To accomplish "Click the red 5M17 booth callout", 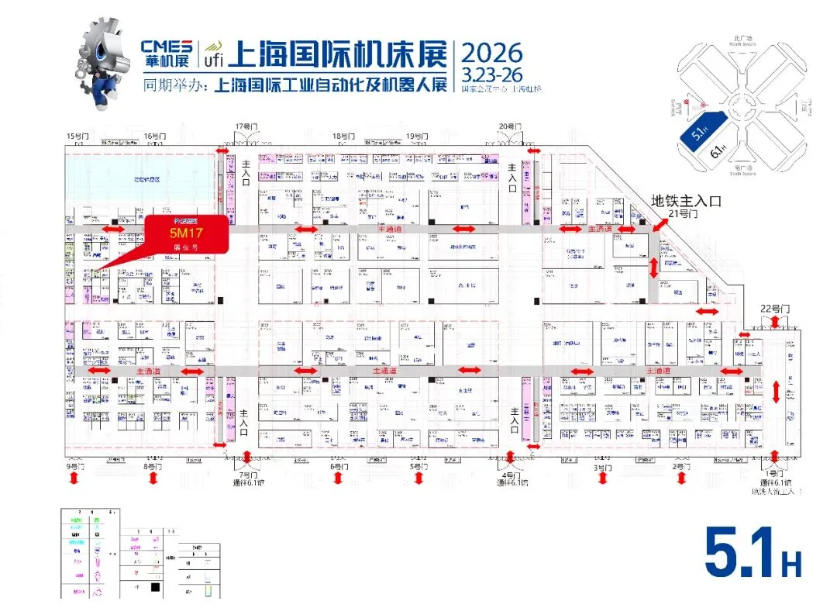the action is click(x=186, y=233).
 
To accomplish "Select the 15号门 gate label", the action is click(x=77, y=136).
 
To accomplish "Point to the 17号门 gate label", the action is click(x=247, y=126).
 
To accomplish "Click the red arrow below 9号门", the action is click(x=74, y=479).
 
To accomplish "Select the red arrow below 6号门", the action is click(x=338, y=479).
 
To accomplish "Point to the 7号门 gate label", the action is click(x=247, y=474).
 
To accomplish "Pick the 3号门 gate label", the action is click(x=601, y=468).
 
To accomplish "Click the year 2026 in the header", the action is click(x=492, y=53).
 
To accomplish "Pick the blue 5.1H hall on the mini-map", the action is click(x=702, y=127).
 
